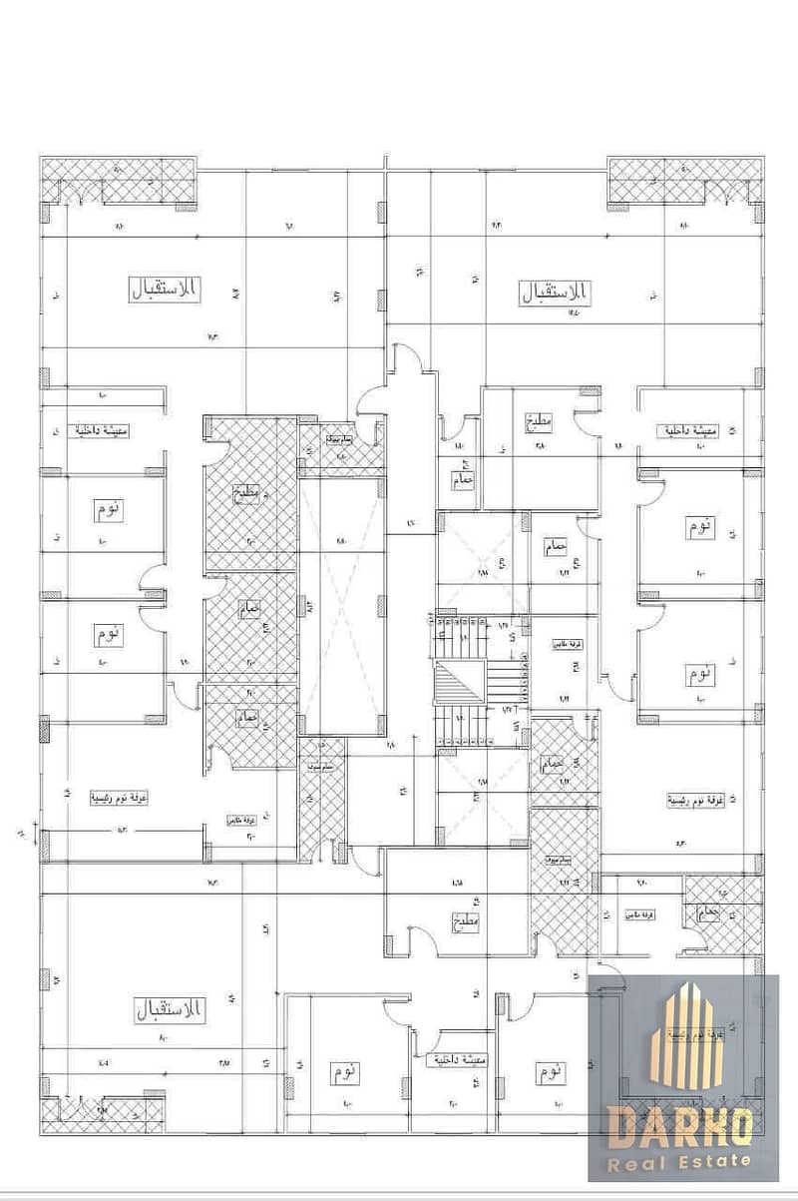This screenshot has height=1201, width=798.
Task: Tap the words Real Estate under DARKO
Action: coord(682,1160)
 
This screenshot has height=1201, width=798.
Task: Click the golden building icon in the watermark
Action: coord(682,1038)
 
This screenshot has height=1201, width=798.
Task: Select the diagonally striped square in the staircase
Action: coord(458,686)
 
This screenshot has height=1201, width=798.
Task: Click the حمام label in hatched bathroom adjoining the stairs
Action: coord(552,764)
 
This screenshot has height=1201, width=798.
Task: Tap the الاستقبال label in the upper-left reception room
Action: coord(165,291)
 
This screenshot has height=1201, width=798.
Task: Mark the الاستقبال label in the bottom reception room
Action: coord(168,1011)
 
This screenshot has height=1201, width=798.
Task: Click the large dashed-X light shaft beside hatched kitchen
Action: coord(341,606)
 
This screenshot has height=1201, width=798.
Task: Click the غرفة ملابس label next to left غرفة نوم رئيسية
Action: coord(243,819)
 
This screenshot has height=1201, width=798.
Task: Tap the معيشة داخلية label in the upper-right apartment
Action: coord(688,431)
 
